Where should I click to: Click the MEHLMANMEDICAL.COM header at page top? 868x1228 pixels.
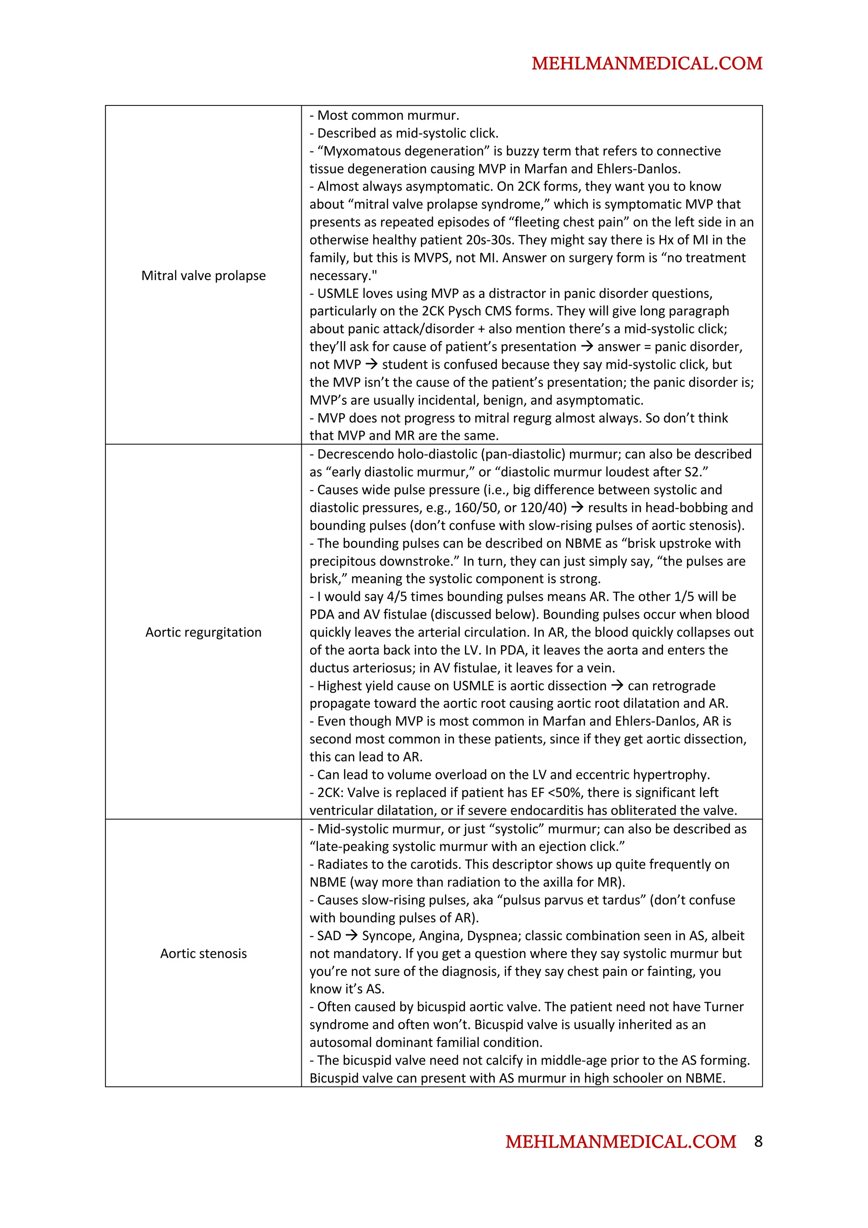click(x=647, y=63)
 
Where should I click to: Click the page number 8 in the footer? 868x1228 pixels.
click(x=758, y=1142)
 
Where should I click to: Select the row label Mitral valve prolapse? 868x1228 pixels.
click(x=203, y=275)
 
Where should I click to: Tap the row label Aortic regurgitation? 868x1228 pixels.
click(x=203, y=632)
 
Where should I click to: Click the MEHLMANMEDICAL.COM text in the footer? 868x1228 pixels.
click(x=620, y=1142)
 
